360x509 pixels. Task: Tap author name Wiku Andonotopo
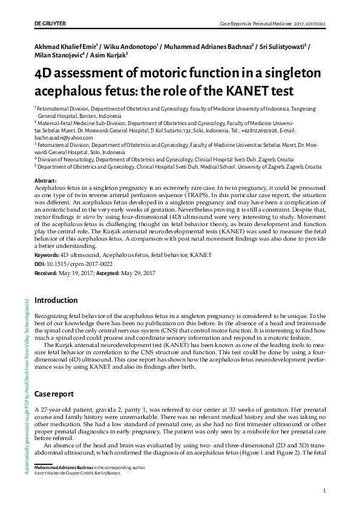click(131, 45)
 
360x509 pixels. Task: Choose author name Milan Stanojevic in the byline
click(59, 56)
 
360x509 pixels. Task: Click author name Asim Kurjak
click(107, 56)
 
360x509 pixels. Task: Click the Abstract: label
click(46, 181)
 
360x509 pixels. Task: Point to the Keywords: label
click(48, 256)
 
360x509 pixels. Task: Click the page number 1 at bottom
click(325, 490)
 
